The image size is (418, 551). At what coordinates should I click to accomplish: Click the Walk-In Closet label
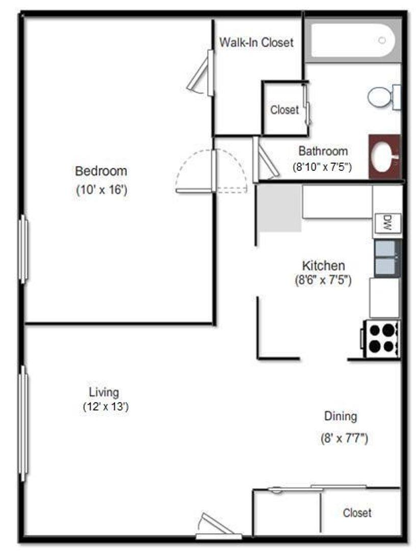coord(256,42)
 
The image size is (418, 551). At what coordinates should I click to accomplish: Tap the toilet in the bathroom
coord(384,97)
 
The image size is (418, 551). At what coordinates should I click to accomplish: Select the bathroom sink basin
coord(385,157)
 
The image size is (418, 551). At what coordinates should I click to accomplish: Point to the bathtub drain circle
coord(382,40)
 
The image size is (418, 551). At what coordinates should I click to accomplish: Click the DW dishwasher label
coord(387,223)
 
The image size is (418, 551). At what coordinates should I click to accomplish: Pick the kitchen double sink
coord(387,258)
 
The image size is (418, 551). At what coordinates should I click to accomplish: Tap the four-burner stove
coord(380,339)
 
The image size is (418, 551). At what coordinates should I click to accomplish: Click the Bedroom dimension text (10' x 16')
coord(101,190)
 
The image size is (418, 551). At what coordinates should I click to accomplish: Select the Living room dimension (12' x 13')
coord(106,407)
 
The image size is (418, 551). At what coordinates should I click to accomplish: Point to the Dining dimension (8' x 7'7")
coord(344,438)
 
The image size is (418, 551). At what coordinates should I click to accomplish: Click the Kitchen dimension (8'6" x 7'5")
coord(323,280)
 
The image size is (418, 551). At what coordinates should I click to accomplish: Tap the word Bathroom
coord(323,151)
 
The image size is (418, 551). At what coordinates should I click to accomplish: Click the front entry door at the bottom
coord(218,527)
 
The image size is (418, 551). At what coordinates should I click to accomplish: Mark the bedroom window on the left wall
coord(23,249)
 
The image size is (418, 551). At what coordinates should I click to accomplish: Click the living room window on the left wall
coord(23,423)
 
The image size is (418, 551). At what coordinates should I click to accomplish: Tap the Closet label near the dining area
coord(357,513)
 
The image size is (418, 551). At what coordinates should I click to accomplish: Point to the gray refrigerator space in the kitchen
coord(280,208)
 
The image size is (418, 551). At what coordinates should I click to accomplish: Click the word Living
coord(104,392)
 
